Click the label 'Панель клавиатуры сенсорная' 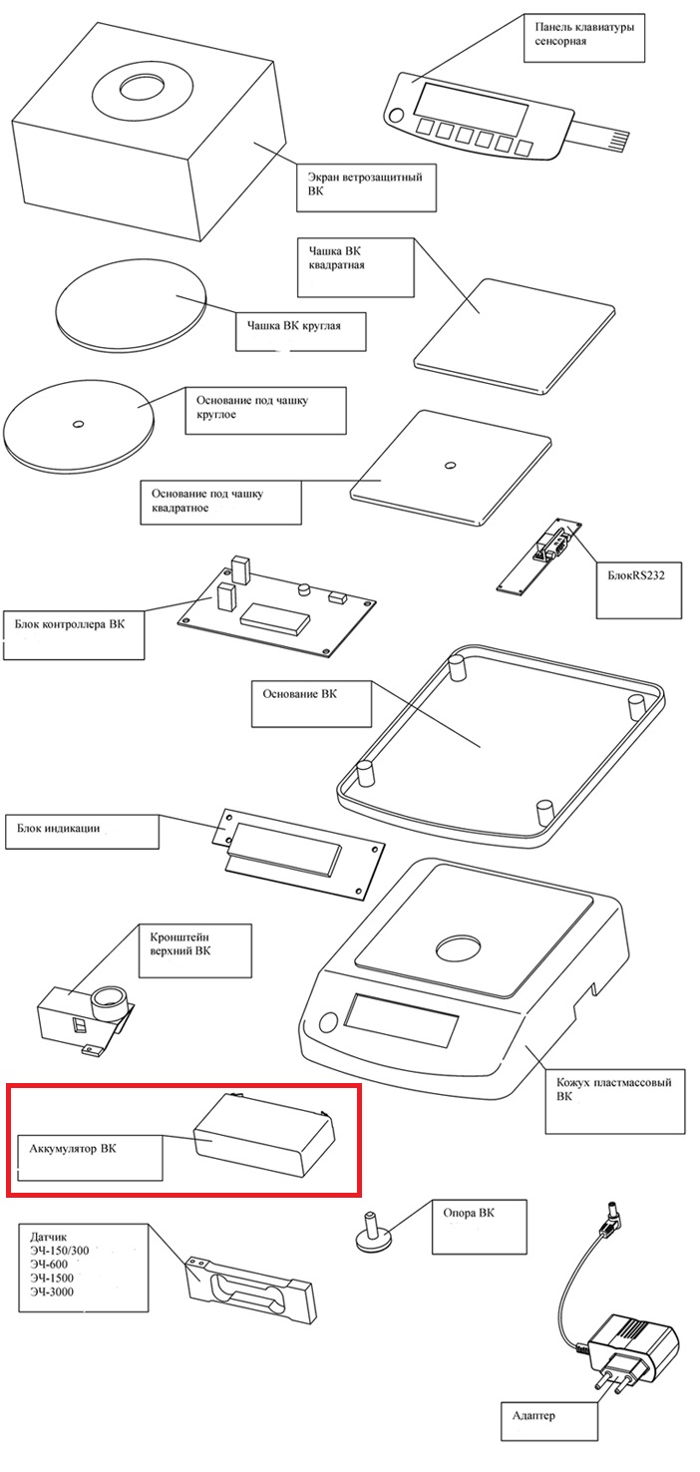tap(584, 34)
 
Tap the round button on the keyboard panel tap(396, 116)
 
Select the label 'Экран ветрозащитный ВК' tap(365, 184)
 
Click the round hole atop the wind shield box tap(142, 89)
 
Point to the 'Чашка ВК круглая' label tap(294, 325)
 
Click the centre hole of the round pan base tap(78, 424)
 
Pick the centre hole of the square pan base tap(450, 466)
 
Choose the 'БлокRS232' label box tap(636, 575)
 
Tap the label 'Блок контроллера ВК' tap(70, 624)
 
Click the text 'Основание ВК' tap(300, 694)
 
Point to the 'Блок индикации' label tap(59, 829)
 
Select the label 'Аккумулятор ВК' tap(73, 1149)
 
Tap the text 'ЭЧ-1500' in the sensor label tap(51, 1279)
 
